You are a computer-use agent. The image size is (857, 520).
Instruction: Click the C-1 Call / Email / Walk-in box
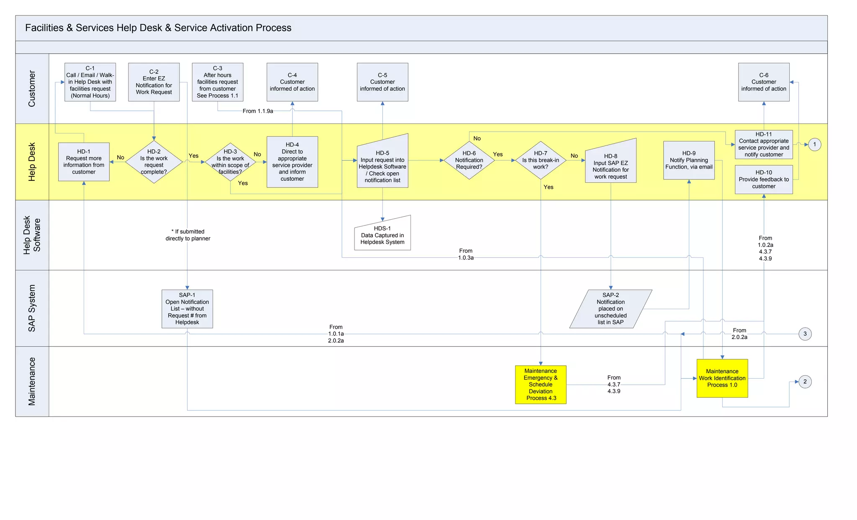pos(90,82)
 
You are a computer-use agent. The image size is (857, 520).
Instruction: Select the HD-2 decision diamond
pos(154,162)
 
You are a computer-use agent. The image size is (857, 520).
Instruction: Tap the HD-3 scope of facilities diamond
pos(230,162)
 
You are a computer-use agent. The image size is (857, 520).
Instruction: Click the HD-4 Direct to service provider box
pos(292,162)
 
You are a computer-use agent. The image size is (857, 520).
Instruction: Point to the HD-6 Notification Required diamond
pos(469,160)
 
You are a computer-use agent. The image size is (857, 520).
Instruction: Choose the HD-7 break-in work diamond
pos(541,160)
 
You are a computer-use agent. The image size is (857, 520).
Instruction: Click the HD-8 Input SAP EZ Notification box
pos(611,163)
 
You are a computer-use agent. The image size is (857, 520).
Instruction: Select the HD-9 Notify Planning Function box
pos(689,160)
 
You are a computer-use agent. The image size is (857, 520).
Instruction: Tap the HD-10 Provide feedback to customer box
pos(764,179)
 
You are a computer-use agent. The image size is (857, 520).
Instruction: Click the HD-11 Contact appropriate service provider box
pos(764,144)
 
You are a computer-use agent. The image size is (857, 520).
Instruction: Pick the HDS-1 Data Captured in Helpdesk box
pos(382,235)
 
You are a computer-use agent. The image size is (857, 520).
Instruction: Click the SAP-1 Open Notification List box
pos(187,309)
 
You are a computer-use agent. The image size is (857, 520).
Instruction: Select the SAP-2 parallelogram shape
pos(611,309)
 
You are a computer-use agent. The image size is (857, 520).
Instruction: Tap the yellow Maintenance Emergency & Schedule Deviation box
pos(541,384)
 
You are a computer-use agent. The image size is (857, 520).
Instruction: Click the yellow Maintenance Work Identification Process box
pos(722,378)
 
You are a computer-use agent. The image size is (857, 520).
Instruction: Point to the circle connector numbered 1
pos(814,144)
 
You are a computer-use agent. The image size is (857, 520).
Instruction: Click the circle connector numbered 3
pos(805,334)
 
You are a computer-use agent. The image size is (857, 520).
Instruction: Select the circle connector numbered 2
pos(805,382)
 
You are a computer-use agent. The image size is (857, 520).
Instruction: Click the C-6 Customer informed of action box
pos(764,82)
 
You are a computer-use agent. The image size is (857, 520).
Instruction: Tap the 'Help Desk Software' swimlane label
pos(32,235)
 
